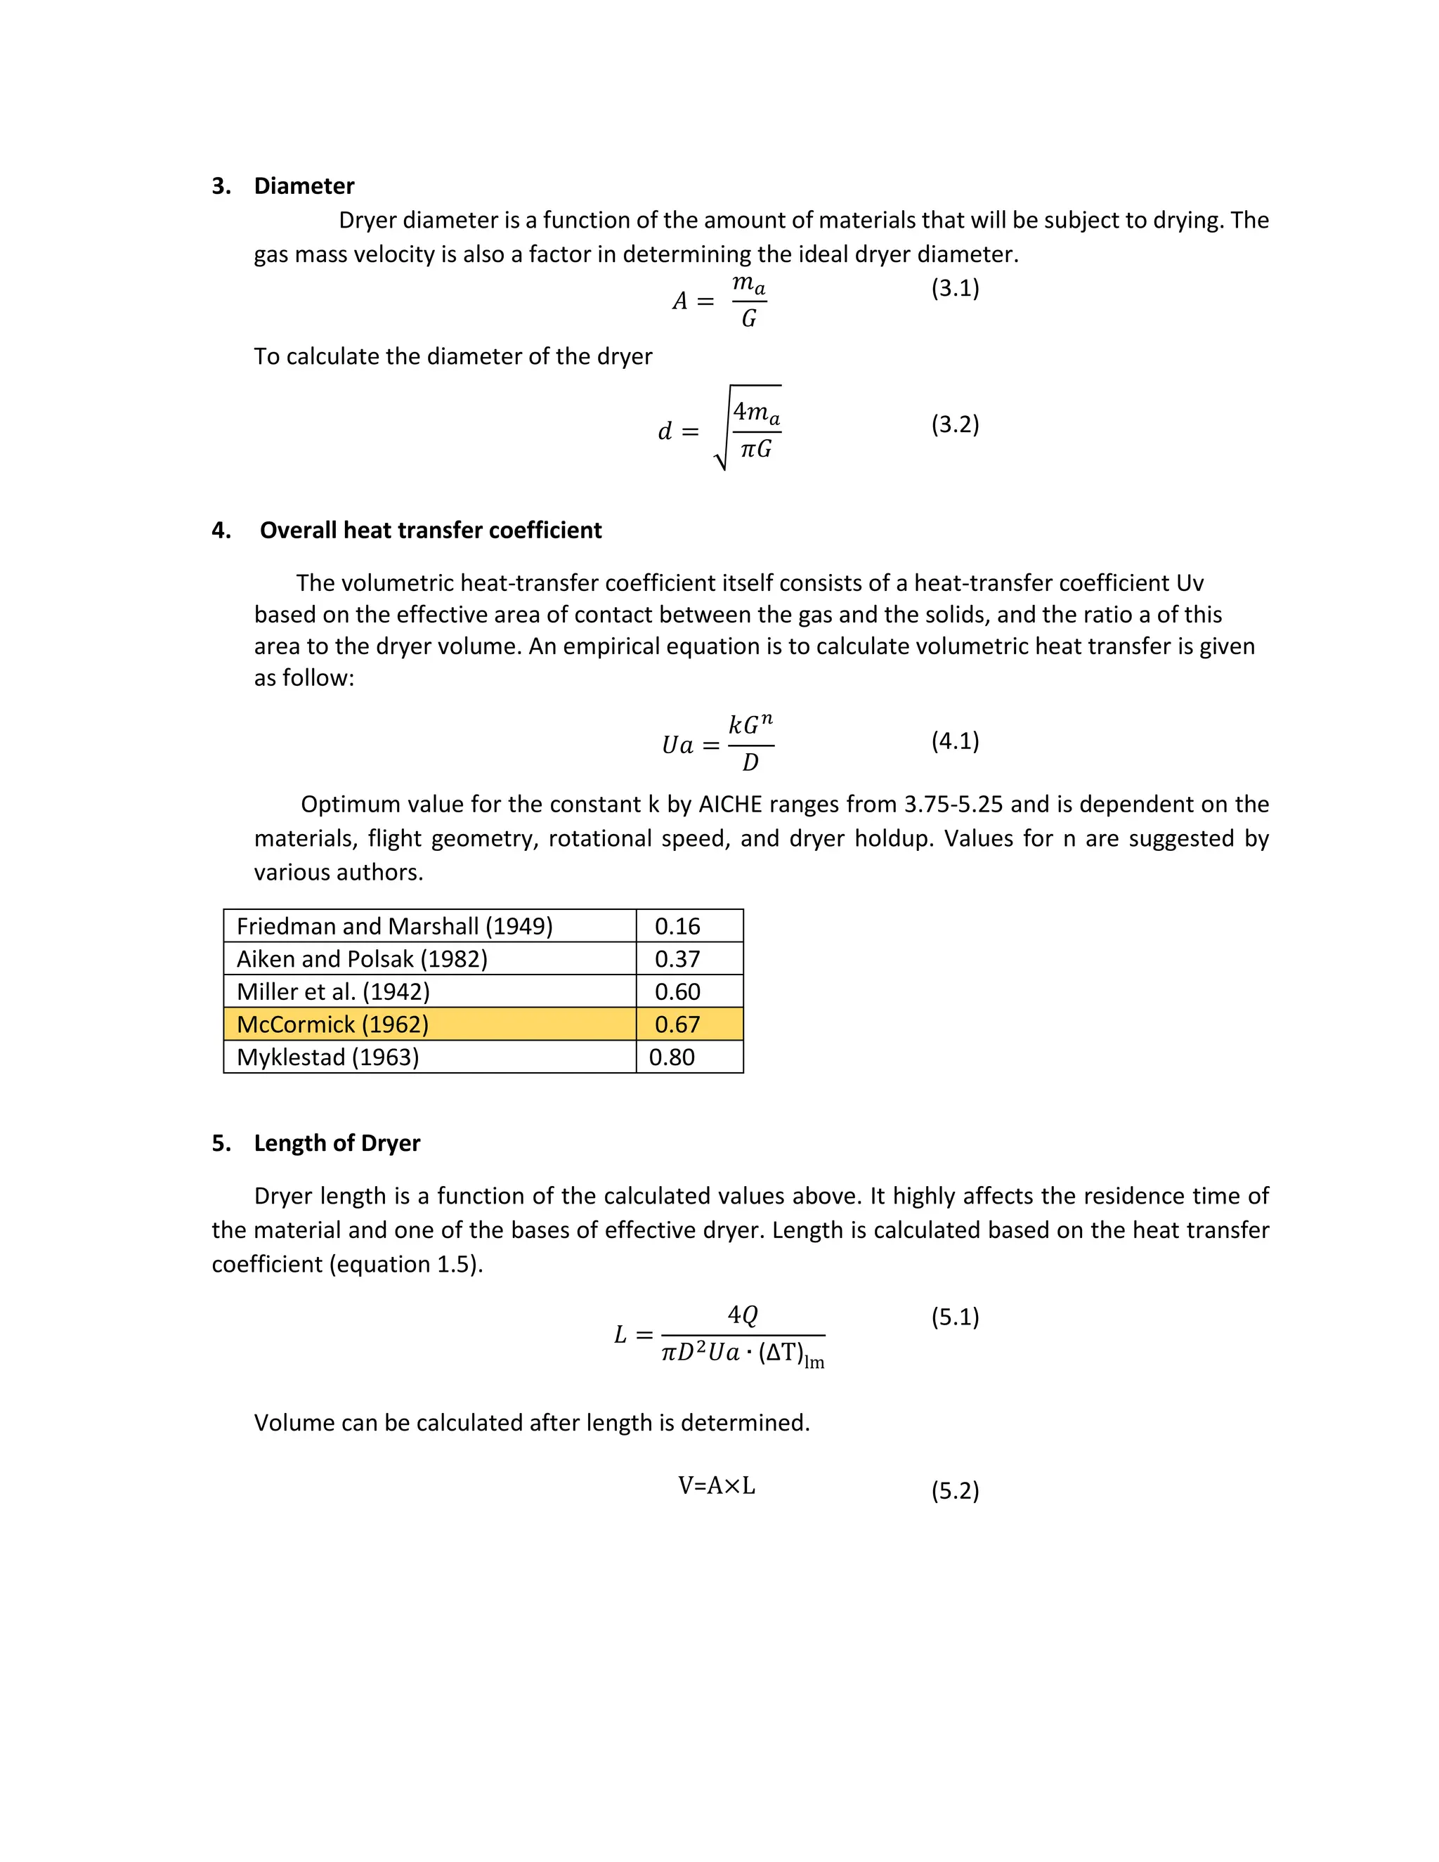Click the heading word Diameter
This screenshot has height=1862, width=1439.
[304, 186]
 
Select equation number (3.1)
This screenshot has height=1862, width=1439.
[955, 288]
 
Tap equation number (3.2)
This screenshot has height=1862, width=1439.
[955, 424]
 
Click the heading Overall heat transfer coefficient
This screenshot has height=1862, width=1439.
[431, 530]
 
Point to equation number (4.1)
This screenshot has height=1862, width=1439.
[955, 741]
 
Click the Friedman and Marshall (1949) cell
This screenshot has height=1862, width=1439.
[395, 926]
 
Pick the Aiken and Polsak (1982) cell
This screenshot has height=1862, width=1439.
[363, 959]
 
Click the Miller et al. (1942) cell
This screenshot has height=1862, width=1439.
[333, 991]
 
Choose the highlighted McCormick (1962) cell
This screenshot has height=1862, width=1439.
[332, 1024]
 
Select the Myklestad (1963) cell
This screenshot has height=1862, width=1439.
[328, 1057]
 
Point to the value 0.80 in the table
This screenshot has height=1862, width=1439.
[672, 1057]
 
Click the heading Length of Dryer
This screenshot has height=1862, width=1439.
[337, 1143]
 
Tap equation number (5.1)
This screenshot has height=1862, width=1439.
[955, 1317]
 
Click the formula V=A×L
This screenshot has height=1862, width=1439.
[716, 1486]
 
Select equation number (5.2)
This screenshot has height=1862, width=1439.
[955, 1490]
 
